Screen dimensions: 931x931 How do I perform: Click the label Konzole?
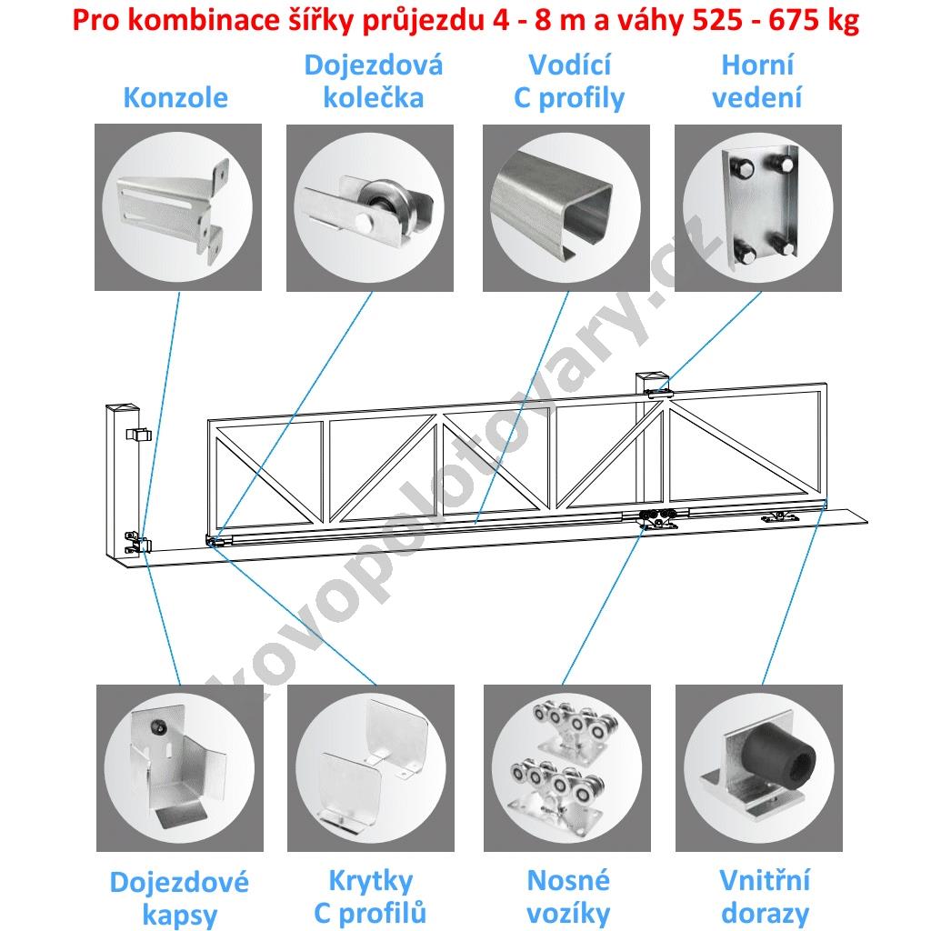pos(175,97)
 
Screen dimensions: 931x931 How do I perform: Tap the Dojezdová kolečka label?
pos(374,81)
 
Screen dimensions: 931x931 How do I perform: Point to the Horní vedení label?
pos(757,81)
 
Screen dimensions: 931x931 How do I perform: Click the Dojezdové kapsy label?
pos(179,897)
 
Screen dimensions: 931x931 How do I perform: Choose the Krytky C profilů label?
pos(371,896)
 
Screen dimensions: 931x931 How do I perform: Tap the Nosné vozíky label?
pos(568,896)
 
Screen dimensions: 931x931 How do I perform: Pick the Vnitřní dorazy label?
pos(765,896)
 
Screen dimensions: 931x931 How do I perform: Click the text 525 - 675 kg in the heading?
pos(776,20)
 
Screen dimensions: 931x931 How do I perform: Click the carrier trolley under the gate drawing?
pos(656,518)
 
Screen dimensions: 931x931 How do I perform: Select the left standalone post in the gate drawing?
pos(123,482)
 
